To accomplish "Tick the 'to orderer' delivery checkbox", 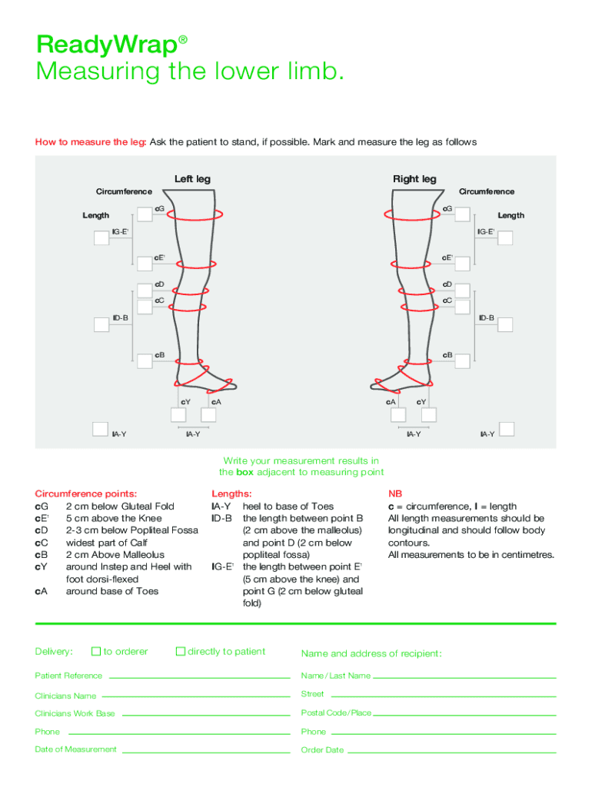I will (96, 651).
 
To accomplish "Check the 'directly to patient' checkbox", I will (181, 651).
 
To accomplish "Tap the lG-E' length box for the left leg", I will (101, 237).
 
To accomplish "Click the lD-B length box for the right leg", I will (504, 324).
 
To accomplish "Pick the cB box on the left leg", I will (145, 361).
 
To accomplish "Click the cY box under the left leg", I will (178, 415).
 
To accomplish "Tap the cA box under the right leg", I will (398, 415).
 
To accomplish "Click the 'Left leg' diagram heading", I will (192, 179).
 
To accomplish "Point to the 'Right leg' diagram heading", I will (414, 179).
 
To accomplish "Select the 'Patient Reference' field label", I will (68, 676).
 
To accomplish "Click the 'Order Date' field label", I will (322, 749).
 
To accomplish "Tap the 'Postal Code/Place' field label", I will (336, 712).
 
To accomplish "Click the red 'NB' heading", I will (394, 493).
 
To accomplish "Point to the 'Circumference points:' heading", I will (86, 493).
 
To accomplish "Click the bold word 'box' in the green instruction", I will (245, 472).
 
